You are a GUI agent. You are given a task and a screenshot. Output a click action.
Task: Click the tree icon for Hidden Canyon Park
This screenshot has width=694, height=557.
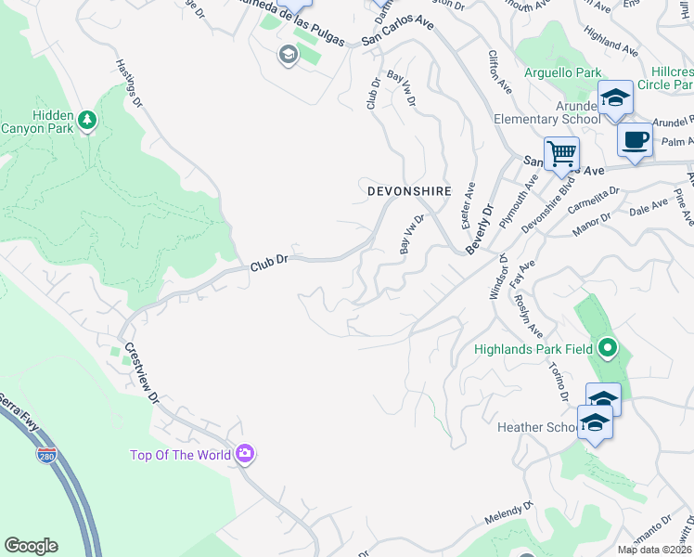click(x=87, y=120)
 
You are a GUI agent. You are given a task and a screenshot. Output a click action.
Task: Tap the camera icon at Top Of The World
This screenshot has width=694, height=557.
click(x=245, y=454)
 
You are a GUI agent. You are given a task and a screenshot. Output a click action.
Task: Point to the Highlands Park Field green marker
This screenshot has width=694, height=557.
click(x=607, y=349)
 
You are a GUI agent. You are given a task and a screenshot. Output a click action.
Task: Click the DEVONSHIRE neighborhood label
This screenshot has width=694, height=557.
click(x=409, y=190)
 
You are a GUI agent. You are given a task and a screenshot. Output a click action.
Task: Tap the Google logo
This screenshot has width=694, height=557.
click(x=31, y=546)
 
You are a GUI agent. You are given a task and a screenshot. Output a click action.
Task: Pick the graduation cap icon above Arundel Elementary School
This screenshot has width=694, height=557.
click(x=615, y=97)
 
